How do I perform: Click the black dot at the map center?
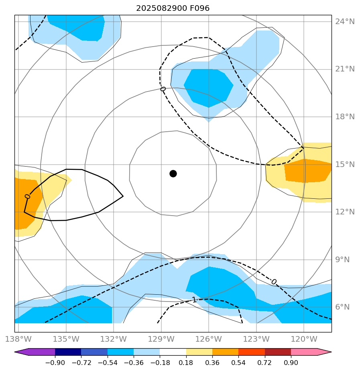[x=173, y=173]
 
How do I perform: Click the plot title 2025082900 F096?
[x=173, y=8]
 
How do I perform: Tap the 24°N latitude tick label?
[x=345, y=21]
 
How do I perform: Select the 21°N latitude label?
[x=345, y=69]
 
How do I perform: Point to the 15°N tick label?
[x=345, y=165]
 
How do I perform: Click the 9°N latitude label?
[x=345, y=259]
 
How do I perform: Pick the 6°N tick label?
[x=345, y=307]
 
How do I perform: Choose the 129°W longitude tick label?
[x=161, y=339]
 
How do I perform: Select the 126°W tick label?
[x=208, y=339]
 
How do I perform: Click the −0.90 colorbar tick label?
[x=55, y=363]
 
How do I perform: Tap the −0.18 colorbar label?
[x=160, y=363]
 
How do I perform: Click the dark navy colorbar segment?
[x=68, y=352]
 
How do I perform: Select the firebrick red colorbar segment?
[x=278, y=352]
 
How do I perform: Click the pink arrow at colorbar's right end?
[x=325, y=352]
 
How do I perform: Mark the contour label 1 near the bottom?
[x=195, y=300]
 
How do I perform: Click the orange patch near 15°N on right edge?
[x=307, y=171]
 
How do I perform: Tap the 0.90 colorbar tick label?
[x=291, y=363]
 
